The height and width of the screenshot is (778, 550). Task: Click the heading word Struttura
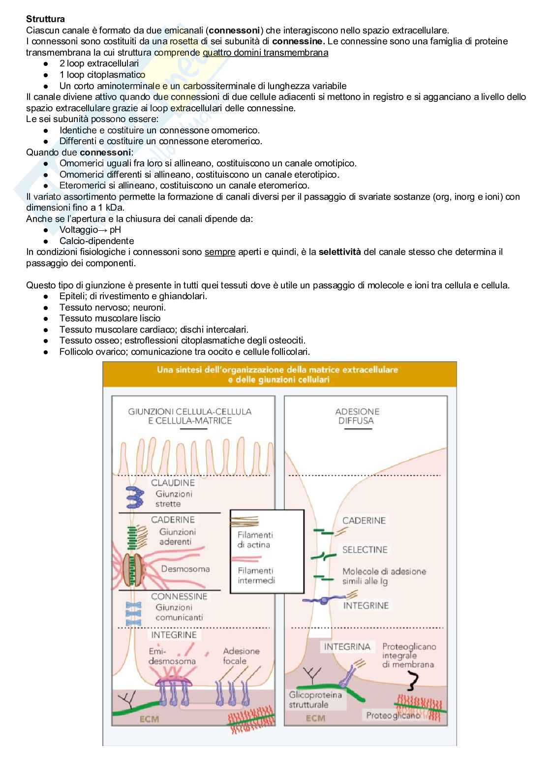pyautogui.click(x=45, y=19)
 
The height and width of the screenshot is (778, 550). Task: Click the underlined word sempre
pyautogui.click(x=219, y=252)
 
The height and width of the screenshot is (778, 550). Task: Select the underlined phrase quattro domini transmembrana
pyautogui.click(x=265, y=53)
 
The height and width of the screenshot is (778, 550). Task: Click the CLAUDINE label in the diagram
pyautogui.click(x=173, y=483)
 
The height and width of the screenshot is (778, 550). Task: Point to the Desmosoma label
pyautogui.click(x=185, y=569)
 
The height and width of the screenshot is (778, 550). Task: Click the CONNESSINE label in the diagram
pyautogui.click(x=179, y=596)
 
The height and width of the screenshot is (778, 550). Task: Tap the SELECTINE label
pyautogui.click(x=365, y=550)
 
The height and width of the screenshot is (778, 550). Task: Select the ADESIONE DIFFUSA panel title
pyautogui.click(x=357, y=416)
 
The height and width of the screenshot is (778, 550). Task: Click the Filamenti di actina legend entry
pyautogui.click(x=255, y=539)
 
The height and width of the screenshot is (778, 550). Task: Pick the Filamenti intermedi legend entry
pyautogui.click(x=256, y=575)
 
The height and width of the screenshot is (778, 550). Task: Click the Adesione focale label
pyautogui.click(x=241, y=656)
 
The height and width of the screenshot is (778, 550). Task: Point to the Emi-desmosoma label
pyautogui.click(x=172, y=656)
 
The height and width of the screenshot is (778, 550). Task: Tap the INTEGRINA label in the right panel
pyautogui.click(x=347, y=647)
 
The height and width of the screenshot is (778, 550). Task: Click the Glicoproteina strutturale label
pyautogui.click(x=315, y=700)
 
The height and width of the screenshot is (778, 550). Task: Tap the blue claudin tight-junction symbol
pyautogui.click(x=134, y=498)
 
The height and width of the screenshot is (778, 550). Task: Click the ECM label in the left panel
pyautogui.click(x=149, y=719)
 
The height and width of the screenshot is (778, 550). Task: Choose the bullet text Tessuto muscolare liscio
pyautogui.click(x=110, y=318)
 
